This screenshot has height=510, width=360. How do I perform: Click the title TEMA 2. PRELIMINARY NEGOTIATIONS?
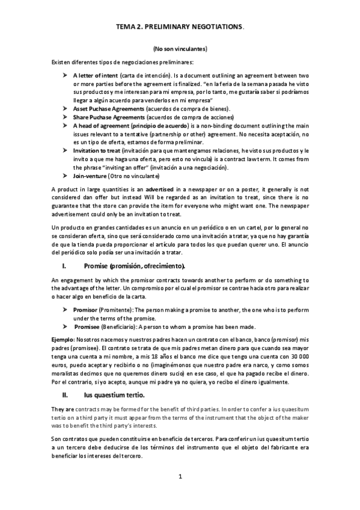pos(180,27)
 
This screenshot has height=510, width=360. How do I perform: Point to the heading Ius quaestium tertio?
pos(114,395)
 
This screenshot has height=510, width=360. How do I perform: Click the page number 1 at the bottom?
pos(180,476)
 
